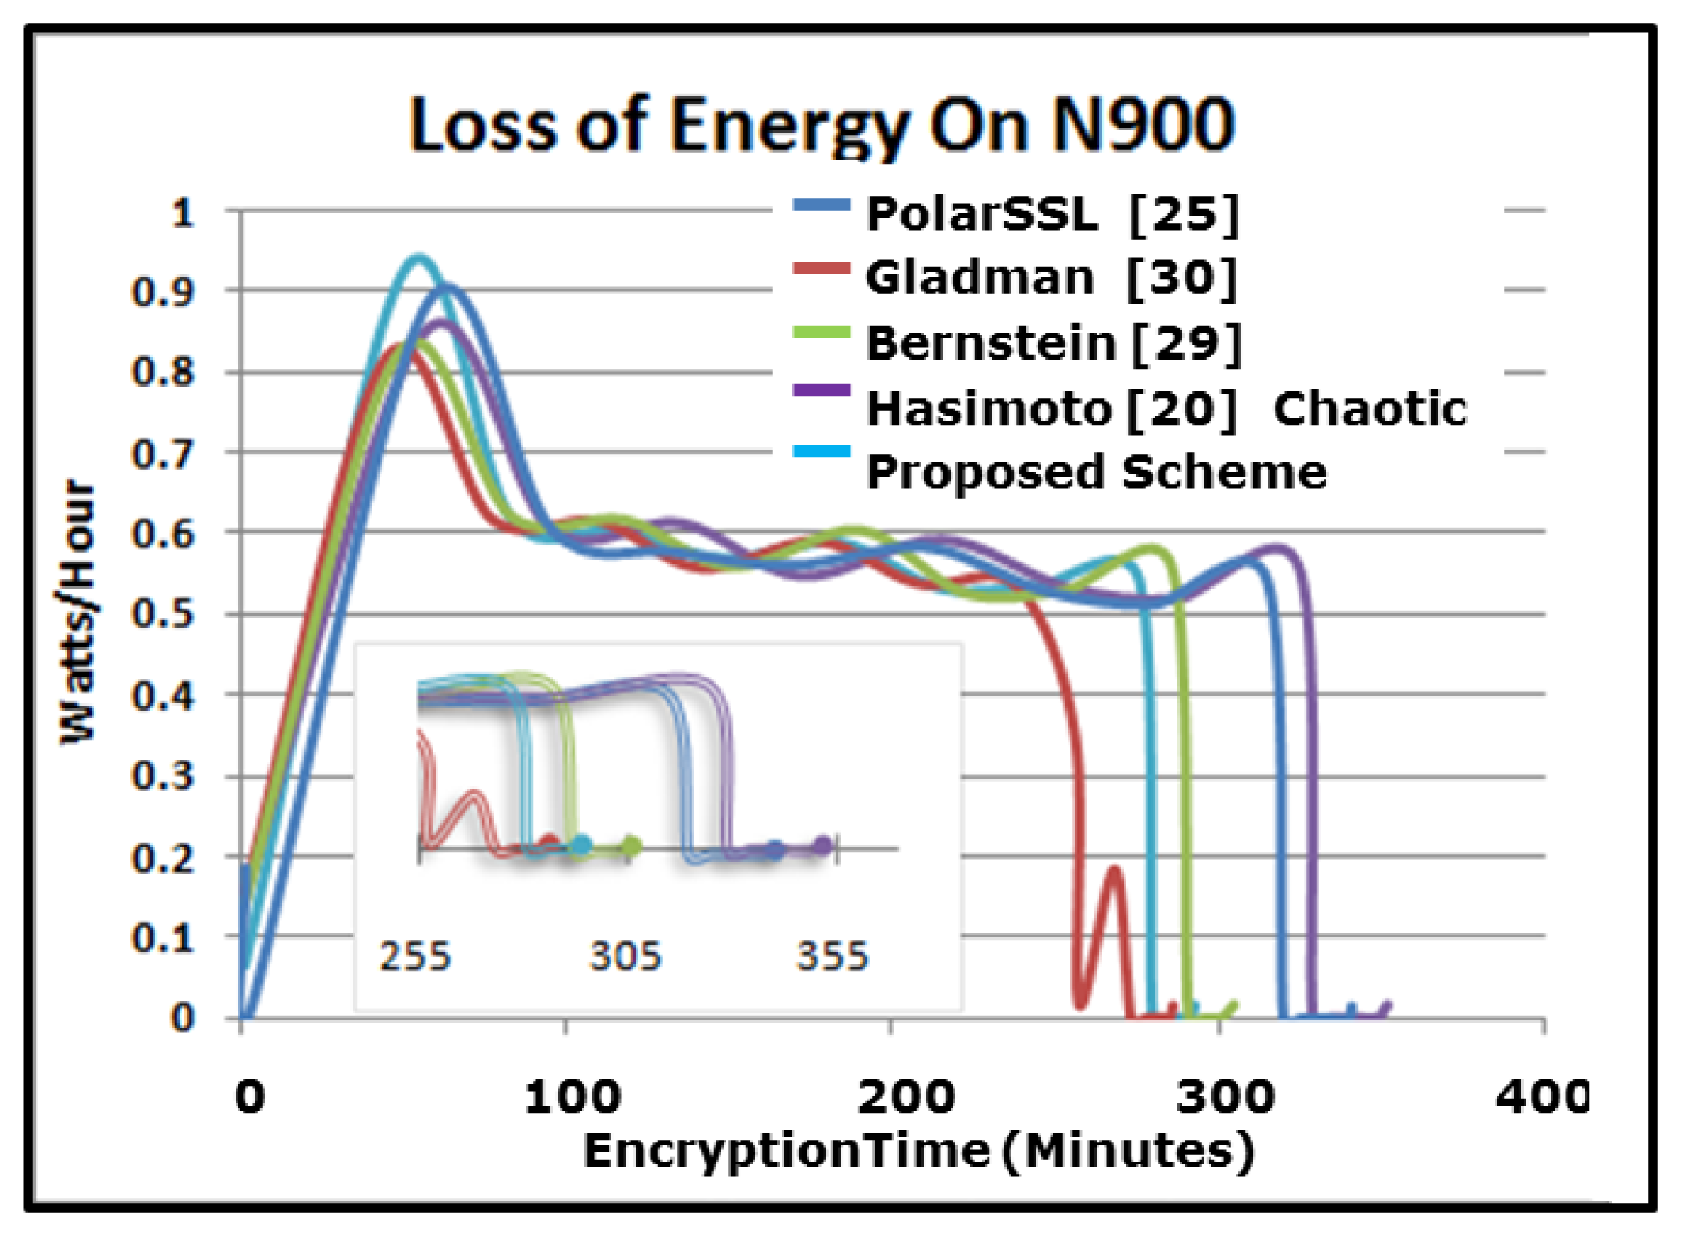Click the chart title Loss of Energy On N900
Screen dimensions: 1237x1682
coord(821,125)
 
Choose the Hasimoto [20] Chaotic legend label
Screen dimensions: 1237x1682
coord(1166,409)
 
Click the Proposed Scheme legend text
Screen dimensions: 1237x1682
coord(1096,473)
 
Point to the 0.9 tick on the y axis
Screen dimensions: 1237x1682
coord(162,292)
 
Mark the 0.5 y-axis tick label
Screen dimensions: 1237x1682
coord(162,613)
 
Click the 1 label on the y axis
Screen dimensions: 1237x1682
coord(183,213)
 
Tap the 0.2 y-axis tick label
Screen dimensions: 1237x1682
coord(162,857)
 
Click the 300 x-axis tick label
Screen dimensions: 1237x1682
coord(1224,1097)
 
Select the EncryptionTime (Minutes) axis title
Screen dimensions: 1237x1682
coord(918,1150)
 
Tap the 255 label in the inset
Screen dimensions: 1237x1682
coord(415,956)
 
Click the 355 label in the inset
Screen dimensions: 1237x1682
coord(832,956)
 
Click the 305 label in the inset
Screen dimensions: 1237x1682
coord(625,956)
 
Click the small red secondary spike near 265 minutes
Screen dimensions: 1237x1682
coord(1113,870)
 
